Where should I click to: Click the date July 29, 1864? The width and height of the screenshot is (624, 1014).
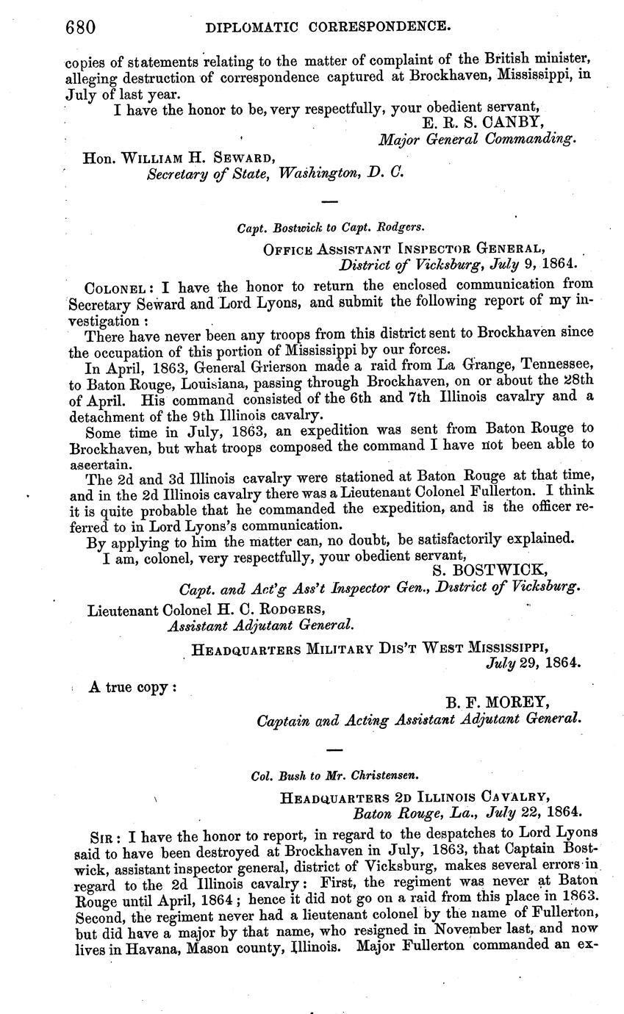[x=534, y=663]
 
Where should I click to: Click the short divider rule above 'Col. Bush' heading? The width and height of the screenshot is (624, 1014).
[x=333, y=749]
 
